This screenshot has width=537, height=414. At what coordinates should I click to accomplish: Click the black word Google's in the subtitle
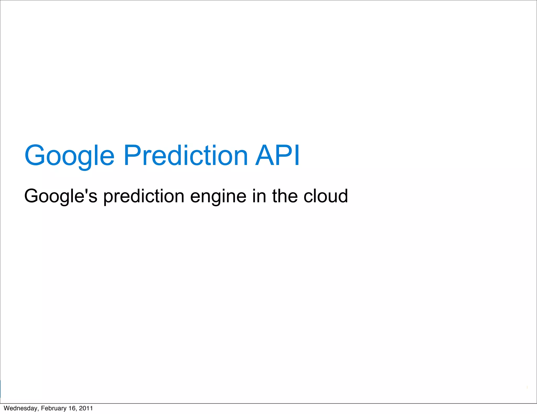pos(61,196)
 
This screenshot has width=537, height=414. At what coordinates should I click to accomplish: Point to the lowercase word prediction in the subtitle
pos(144,196)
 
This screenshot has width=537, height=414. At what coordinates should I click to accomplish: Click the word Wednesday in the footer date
pos(20,408)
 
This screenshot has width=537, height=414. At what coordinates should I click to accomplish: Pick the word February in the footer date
pos(53,408)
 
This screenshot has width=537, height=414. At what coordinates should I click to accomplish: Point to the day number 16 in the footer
pos(72,408)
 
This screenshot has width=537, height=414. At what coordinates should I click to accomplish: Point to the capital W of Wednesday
pos(7,408)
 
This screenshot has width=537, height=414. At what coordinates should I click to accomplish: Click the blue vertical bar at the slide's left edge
pos(1,389)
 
